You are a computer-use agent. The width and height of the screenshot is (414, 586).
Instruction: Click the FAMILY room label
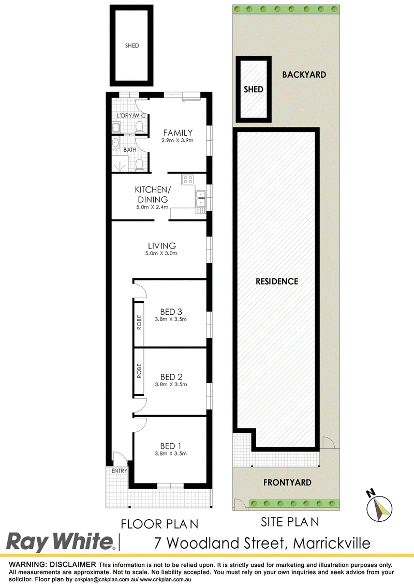click(x=178, y=133)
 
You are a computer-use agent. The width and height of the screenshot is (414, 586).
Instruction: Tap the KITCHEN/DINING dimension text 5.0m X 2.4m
click(x=152, y=207)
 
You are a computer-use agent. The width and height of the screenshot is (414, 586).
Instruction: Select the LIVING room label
click(x=162, y=245)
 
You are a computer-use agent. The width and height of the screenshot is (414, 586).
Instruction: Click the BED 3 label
click(x=171, y=312)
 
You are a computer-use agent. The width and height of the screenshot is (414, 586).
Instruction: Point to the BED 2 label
click(x=171, y=377)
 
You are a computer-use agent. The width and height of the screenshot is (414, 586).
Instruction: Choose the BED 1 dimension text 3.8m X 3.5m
click(x=171, y=453)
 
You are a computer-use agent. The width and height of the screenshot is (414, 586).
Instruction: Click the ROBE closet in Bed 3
click(x=139, y=323)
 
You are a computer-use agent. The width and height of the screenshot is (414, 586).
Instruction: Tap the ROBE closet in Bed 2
click(x=139, y=371)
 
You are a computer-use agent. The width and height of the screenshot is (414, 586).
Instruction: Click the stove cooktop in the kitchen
click(x=187, y=180)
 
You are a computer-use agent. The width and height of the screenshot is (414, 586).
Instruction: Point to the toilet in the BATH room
click(x=139, y=165)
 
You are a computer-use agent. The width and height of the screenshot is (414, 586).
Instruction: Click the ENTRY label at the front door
click(x=120, y=471)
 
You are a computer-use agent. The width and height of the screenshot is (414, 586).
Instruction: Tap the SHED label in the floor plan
click(x=132, y=46)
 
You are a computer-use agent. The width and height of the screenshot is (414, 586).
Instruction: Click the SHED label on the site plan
click(x=254, y=89)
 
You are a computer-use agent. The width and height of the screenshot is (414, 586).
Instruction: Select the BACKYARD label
click(x=304, y=75)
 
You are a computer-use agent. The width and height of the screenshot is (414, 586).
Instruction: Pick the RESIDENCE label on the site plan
click(x=277, y=282)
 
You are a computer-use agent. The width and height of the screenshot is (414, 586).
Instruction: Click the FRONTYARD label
click(x=287, y=482)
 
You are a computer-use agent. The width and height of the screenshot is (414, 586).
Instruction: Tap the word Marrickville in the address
click(x=332, y=543)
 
